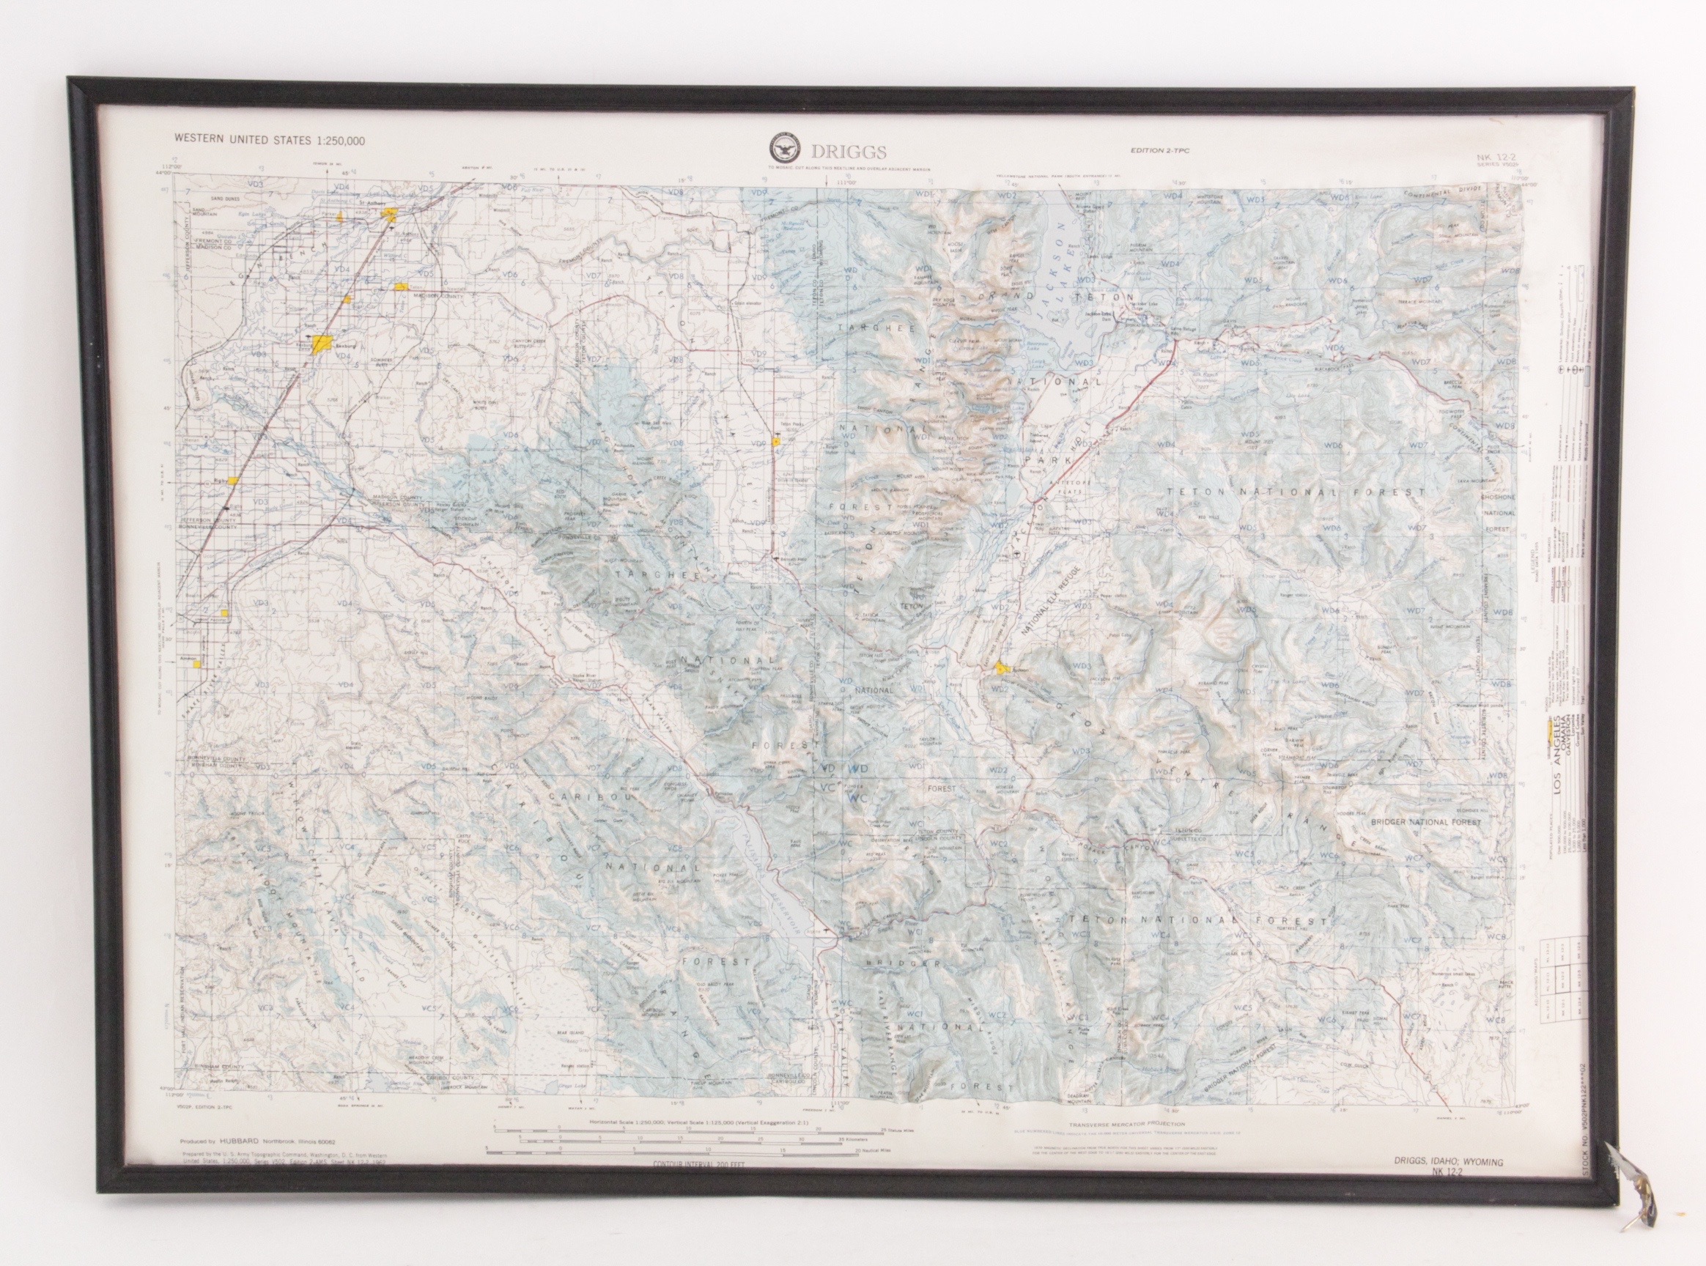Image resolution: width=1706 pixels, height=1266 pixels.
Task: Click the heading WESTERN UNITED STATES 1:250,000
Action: point(270,139)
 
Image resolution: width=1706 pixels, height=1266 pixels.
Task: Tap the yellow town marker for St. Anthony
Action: point(389,214)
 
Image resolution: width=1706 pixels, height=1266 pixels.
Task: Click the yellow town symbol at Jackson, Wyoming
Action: point(1001,668)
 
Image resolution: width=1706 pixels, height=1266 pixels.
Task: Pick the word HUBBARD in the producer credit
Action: point(238,1140)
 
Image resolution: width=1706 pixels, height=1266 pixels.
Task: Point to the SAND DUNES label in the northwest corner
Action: point(206,197)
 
